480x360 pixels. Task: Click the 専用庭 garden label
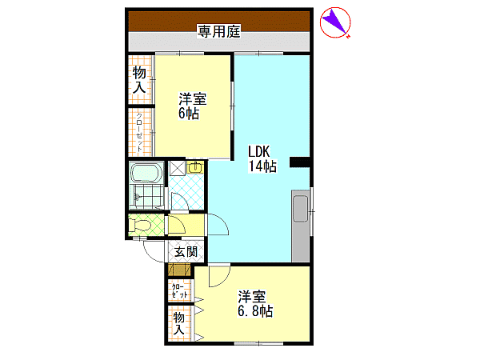point(218,31)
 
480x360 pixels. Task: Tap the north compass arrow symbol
point(335,22)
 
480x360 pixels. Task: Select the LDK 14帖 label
point(262,159)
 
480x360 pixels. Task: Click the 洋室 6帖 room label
point(193,106)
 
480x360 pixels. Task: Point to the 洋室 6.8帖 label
point(255,304)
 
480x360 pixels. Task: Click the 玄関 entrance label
point(186,252)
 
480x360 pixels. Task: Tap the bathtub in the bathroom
point(146,173)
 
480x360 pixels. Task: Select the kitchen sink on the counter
point(300,209)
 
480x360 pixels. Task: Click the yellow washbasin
point(195,167)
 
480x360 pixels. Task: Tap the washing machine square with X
point(178,168)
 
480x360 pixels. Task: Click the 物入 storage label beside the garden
point(139,80)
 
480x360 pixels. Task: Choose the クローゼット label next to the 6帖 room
point(139,133)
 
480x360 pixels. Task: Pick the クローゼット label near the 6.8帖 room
point(180,291)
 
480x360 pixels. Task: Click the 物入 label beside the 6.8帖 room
point(179,323)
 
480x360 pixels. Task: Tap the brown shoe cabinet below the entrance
point(179,270)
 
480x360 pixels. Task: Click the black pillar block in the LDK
point(300,162)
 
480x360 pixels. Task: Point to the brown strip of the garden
point(219,21)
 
